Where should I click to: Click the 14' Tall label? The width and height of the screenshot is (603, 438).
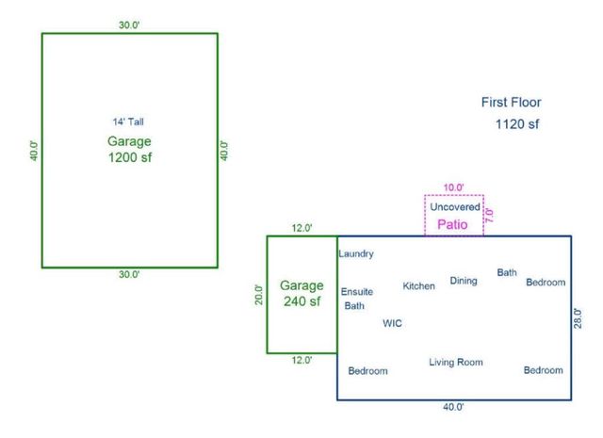point(129,122)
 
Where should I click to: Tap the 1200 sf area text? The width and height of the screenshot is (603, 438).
point(130,158)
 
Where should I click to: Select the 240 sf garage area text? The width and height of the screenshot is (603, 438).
point(301,302)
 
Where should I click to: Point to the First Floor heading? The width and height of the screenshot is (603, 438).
point(512,103)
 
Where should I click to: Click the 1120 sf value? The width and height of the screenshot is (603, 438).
point(516,123)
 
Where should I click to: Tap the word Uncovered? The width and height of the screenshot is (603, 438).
point(455,206)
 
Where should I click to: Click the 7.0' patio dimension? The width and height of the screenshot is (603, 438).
point(489,215)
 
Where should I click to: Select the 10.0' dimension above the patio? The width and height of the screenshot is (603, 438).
point(455,187)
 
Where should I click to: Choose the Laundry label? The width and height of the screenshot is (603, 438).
point(356,253)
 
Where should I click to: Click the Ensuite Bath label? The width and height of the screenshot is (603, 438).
point(356,299)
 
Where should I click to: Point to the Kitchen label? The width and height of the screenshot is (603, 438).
point(419,285)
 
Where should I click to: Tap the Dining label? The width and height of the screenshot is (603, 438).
point(464,280)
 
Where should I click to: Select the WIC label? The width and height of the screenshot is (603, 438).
point(392,323)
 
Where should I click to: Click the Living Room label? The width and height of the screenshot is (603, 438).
point(456,362)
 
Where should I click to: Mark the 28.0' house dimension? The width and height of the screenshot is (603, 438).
point(578,318)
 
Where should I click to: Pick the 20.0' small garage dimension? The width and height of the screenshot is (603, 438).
point(259,295)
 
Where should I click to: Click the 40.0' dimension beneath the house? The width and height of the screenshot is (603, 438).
point(453,407)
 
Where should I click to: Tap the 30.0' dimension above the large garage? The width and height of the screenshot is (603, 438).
point(129,25)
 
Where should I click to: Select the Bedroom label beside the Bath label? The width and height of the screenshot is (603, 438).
point(546,283)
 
